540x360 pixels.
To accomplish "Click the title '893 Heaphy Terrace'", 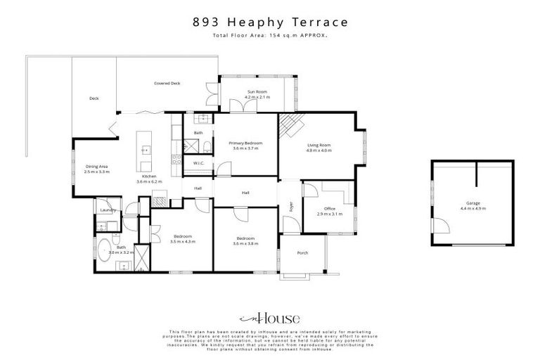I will [x=270, y=22].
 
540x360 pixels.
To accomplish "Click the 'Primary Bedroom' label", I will [x=245, y=143].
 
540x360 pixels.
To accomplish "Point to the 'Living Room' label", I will [x=319, y=146].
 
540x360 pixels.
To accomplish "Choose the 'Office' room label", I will [x=329, y=209].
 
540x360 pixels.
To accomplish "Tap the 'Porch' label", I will [x=302, y=253].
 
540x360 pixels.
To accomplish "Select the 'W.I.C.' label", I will [x=198, y=163].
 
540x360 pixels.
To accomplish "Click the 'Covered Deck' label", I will [x=167, y=84].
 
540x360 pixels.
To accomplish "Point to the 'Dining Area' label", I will [x=96, y=167].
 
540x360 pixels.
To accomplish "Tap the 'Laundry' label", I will [x=108, y=210].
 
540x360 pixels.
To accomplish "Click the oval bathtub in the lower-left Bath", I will [x=104, y=250].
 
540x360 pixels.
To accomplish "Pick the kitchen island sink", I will [x=146, y=149].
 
